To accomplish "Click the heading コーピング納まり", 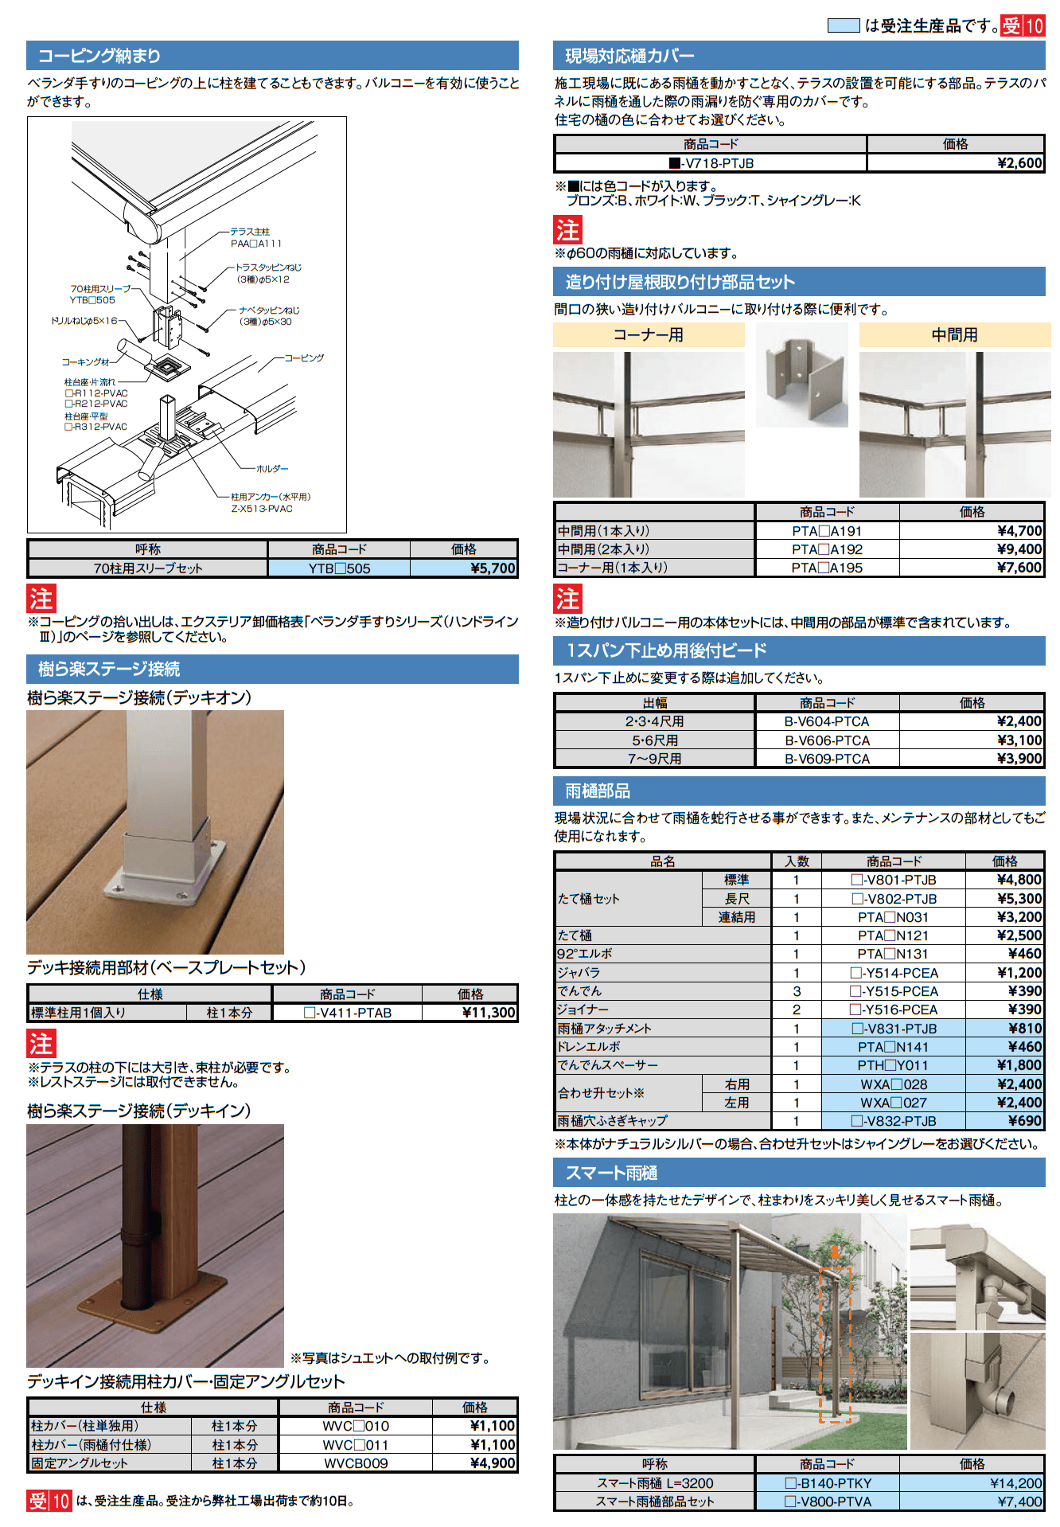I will coord(99,56).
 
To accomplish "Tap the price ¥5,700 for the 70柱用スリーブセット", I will coord(493,568).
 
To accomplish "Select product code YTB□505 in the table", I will coord(339,568).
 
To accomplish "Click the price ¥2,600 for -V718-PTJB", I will coord(1019,163).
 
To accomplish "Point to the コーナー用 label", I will coord(648,335).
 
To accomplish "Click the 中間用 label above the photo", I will coord(954,335).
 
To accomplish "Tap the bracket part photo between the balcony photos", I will coord(802,377).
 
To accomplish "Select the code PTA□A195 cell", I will coord(827,568).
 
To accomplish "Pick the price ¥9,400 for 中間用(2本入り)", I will coord(1019,549).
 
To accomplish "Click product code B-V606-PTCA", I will coord(827,740).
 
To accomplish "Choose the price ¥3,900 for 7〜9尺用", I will coord(1019,759).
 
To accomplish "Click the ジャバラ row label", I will coord(579,973).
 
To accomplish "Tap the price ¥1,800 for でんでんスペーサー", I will coord(1019,1065).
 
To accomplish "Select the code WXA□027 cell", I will coord(893,1103).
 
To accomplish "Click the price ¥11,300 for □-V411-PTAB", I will coord(489,1013).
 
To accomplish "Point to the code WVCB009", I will coord(356,1463).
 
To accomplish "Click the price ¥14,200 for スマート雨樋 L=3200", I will coord(1015,1483).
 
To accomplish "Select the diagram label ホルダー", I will coord(272,469).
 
